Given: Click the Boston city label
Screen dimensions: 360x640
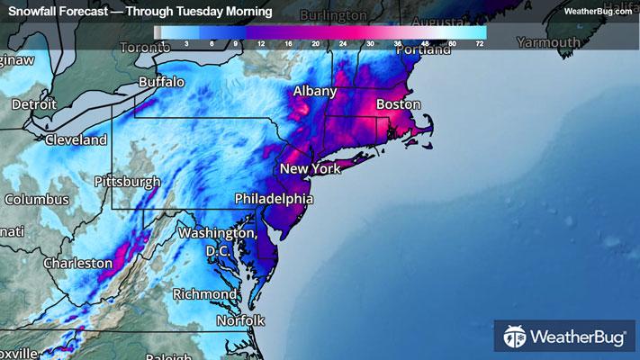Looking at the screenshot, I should click(398, 104).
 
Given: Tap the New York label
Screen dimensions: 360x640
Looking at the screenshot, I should click(311, 169).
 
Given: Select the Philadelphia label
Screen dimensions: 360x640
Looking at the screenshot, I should click(274, 198).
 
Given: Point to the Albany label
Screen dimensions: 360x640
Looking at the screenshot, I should click(315, 91).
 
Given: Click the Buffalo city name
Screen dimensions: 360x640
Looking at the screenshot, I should click(161, 82).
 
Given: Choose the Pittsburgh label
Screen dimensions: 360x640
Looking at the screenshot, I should click(128, 181).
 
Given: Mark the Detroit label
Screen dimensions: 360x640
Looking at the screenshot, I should click(33, 104).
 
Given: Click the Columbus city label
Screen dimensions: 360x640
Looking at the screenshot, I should click(36, 199).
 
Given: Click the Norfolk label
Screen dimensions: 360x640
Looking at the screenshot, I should click(240, 320).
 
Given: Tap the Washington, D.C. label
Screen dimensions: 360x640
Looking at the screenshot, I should click(216, 240).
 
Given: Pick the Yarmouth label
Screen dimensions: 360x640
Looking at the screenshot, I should click(548, 42).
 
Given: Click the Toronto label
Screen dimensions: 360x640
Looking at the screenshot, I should click(144, 47).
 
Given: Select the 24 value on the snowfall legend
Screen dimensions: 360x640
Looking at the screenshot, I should click(343, 42).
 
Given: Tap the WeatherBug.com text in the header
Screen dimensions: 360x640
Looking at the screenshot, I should click(597, 11).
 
